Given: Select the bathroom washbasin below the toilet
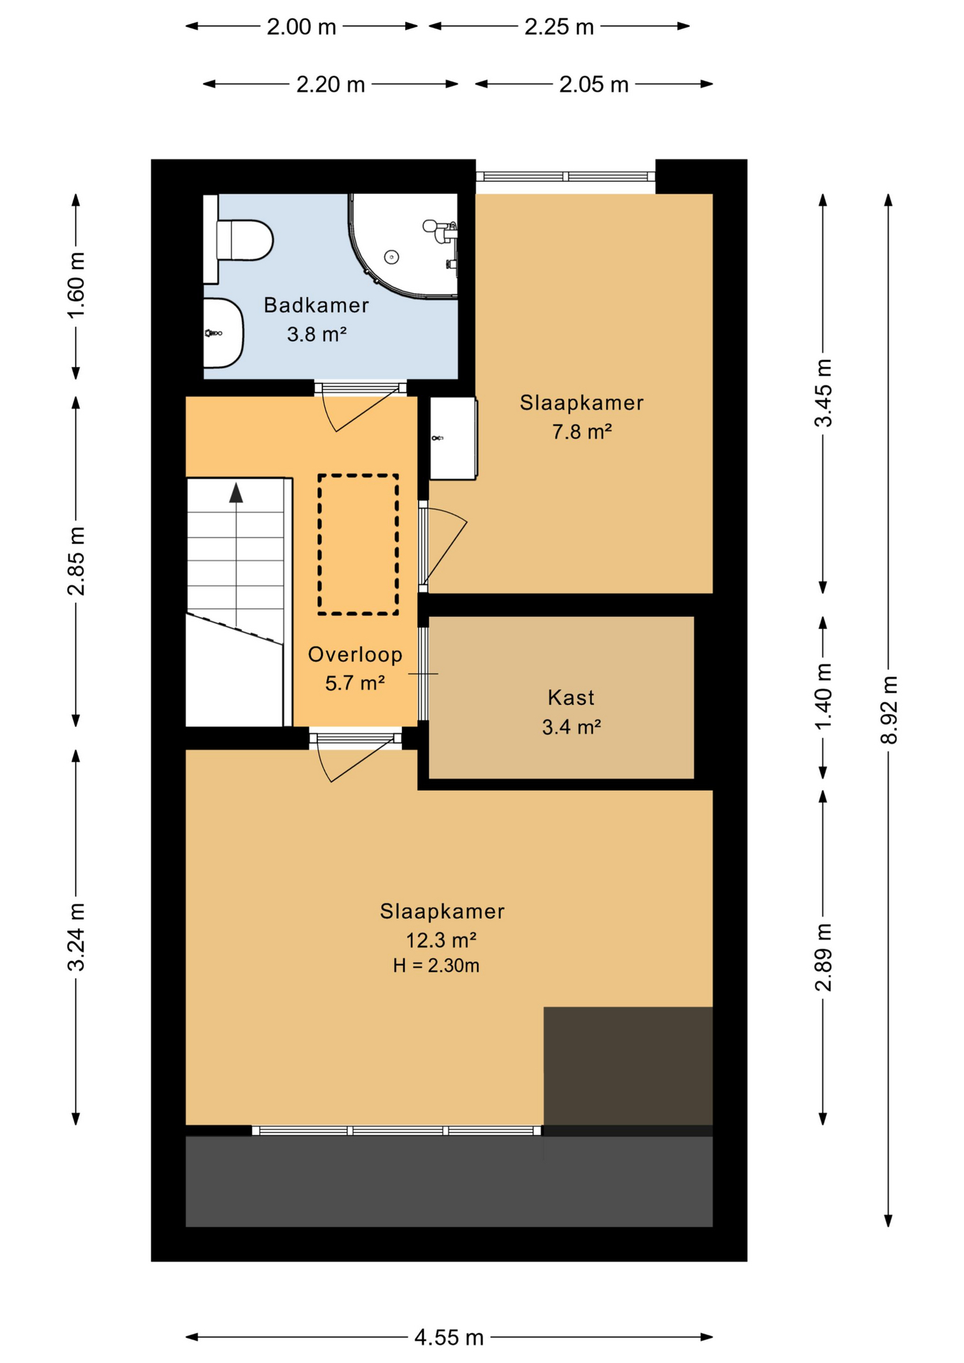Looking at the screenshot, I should [x=222, y=333].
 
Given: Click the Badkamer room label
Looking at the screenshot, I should [x=316, y=305].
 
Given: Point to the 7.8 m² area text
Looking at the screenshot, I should [x=581, y=432].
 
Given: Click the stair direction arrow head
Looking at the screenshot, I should [x=236, y=493].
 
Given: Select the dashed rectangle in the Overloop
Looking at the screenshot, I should [x=358, y=544].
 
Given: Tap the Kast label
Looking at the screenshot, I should [x=571, y=698].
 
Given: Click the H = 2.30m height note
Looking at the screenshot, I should [x=436, y=965].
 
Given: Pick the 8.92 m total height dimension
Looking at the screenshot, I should [x=889, y=710].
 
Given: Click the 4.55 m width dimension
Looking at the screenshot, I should [x=449, y=1337].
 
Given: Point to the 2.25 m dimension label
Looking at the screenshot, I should [x=559, y=27].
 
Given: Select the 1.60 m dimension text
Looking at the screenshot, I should [x=76, y=285].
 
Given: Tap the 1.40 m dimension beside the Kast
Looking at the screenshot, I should [x=823, y=696].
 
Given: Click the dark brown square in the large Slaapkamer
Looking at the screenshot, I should [x=628, y=1065].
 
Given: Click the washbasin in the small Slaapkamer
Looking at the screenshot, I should [x=453, y=438].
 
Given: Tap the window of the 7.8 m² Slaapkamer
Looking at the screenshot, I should [x=565, y=177].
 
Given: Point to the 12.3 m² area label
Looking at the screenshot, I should [x=441, y=941].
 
